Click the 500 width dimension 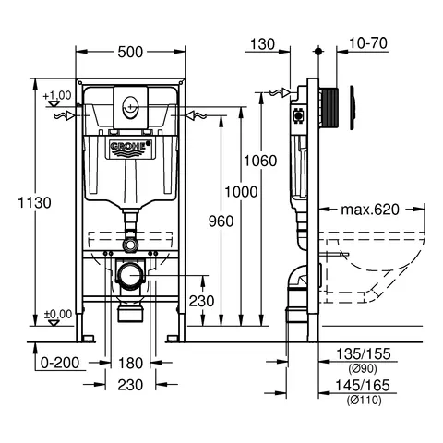click(x=130, y=52)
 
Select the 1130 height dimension click(x=34, y=203)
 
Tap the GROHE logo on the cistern click(x=130, y=147)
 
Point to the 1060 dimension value click(x=260, y=161)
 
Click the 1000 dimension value click(x=241, y=192)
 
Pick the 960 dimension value click(x=221, y=221)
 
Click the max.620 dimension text click(x=370, y=210)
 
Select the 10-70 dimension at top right click(x=368, y=43)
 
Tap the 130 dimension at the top click(x=262, y=44)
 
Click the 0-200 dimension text click(x=60, y=363)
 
